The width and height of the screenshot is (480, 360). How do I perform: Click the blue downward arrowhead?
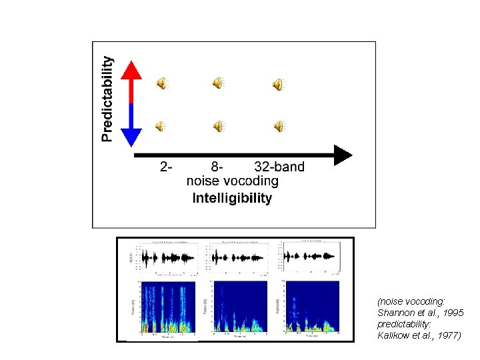132,136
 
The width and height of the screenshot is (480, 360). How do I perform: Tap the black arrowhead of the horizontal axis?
342,155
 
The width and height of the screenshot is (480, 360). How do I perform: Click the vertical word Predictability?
107,98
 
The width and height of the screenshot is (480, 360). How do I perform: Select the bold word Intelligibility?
232,198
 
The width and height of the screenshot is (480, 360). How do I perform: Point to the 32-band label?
279,167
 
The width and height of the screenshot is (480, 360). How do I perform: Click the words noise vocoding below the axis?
232,181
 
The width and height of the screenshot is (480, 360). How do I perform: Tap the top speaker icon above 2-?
162,83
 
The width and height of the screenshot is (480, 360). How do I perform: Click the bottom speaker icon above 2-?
162,125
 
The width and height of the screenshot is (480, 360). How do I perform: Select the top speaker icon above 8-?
218,83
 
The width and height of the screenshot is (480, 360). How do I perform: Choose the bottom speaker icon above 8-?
218,125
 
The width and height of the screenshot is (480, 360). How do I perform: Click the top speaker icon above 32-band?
278,83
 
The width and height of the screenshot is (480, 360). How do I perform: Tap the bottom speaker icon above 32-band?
278,125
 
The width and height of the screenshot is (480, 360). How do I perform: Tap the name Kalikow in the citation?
394,336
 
